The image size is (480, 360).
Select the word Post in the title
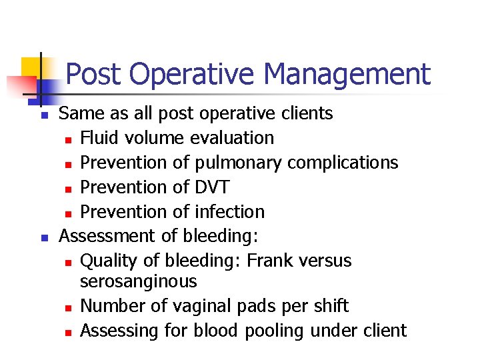click(94, 74)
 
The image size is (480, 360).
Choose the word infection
click(229, 212)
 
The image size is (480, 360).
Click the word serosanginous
click(138, 281)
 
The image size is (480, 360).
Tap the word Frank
click(272, 260)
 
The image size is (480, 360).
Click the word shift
click(331, 306)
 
